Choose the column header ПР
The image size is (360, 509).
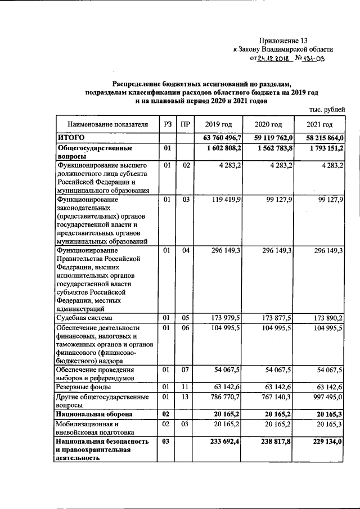pos(185,124)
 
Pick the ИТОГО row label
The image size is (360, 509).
pos(71,137)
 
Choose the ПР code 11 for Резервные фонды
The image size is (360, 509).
pos(185,387)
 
